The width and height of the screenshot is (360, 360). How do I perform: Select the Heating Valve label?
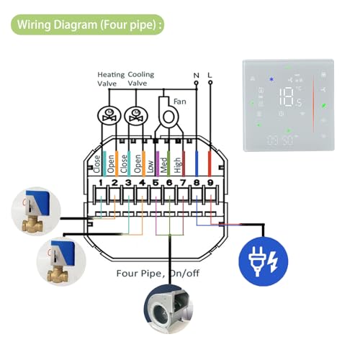[111, 78]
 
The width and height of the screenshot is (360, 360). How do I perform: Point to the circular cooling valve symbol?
[134, 114]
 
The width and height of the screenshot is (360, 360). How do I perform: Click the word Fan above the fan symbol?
[179, 102]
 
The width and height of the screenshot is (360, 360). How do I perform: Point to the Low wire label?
[150, 166]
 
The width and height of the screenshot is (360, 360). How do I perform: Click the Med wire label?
[164, 166]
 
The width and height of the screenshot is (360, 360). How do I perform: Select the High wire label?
[177, 166]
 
